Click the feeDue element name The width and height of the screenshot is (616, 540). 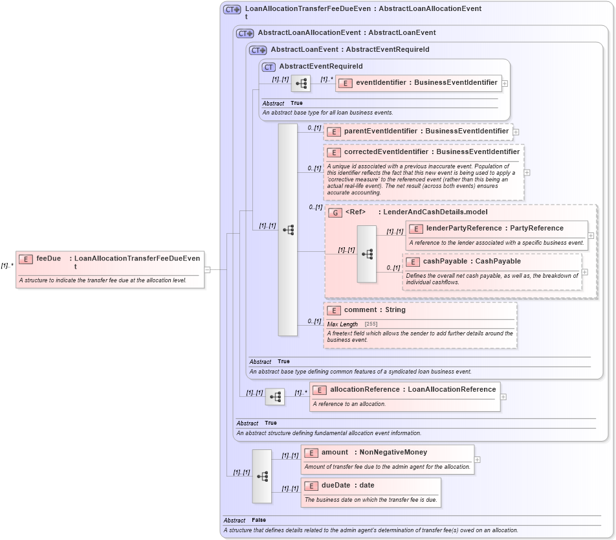[49, 258]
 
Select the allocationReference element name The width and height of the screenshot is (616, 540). [365, 390]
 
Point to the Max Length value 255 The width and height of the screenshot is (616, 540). [371, 324]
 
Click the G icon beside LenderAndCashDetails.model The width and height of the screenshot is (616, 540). [335, 212]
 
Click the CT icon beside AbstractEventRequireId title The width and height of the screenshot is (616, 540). [268, 67]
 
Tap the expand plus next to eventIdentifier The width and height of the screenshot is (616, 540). [505, 83]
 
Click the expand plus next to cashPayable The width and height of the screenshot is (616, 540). [585, 272]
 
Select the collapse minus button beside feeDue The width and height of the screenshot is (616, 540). [207, 269]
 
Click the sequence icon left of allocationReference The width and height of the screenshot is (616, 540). [275, 397]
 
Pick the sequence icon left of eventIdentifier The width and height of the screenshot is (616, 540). [301, 84]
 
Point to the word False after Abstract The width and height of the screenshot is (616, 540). [258, 520]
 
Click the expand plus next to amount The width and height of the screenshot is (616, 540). [477, 460]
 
